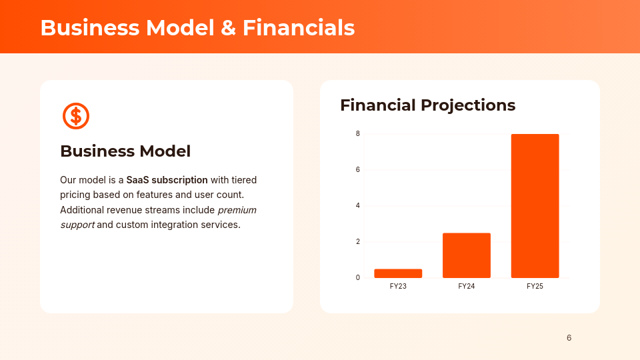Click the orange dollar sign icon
point(76,116)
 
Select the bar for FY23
point(398,273)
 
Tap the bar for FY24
point(466,255)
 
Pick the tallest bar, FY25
point(535,206)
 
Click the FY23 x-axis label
point(398,286)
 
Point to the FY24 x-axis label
point(466,286)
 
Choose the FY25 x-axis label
point(535,286)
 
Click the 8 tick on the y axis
point(358,134)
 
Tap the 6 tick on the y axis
point(358,170)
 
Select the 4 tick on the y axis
point(358,206)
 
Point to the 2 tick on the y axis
point(358,242)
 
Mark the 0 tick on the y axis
point(358,278)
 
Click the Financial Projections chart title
point(427,105)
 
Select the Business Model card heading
point(125,151)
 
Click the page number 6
point(569,338)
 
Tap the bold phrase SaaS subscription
point(167,180)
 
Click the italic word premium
point(237,210)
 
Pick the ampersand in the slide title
point(225,28)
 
